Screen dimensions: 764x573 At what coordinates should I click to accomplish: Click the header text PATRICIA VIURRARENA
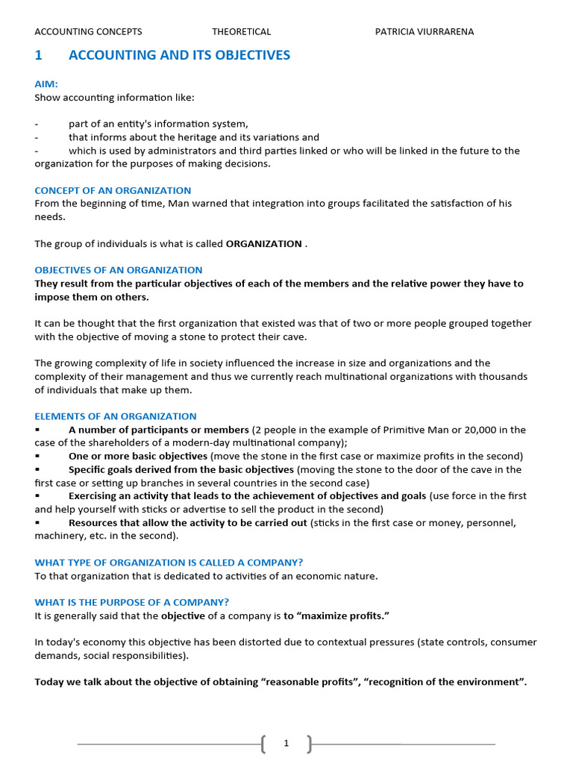424,31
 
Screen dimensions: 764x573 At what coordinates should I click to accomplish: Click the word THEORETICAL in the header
241,31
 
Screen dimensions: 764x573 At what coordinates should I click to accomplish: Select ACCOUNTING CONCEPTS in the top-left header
88,31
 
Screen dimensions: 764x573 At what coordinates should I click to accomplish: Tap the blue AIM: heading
46,84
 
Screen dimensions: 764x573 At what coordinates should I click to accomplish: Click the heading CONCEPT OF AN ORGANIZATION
113,190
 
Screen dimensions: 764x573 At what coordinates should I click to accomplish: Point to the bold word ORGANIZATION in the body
264,244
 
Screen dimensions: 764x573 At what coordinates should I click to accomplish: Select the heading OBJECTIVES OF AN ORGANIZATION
119,270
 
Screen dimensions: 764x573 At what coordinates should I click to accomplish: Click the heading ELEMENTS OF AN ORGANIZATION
116,416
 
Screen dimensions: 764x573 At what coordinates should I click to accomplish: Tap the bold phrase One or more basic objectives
138,456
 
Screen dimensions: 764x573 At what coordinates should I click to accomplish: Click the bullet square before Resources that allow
37,523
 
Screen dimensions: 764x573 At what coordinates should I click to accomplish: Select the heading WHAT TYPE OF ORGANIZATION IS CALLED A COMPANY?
169,563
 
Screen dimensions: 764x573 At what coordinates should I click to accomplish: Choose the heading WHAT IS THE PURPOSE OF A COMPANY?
132,602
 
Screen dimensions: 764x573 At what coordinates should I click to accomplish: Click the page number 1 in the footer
286,743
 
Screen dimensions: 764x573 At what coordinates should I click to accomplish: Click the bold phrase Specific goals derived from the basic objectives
181,469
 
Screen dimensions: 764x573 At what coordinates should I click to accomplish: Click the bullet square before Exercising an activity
37,496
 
